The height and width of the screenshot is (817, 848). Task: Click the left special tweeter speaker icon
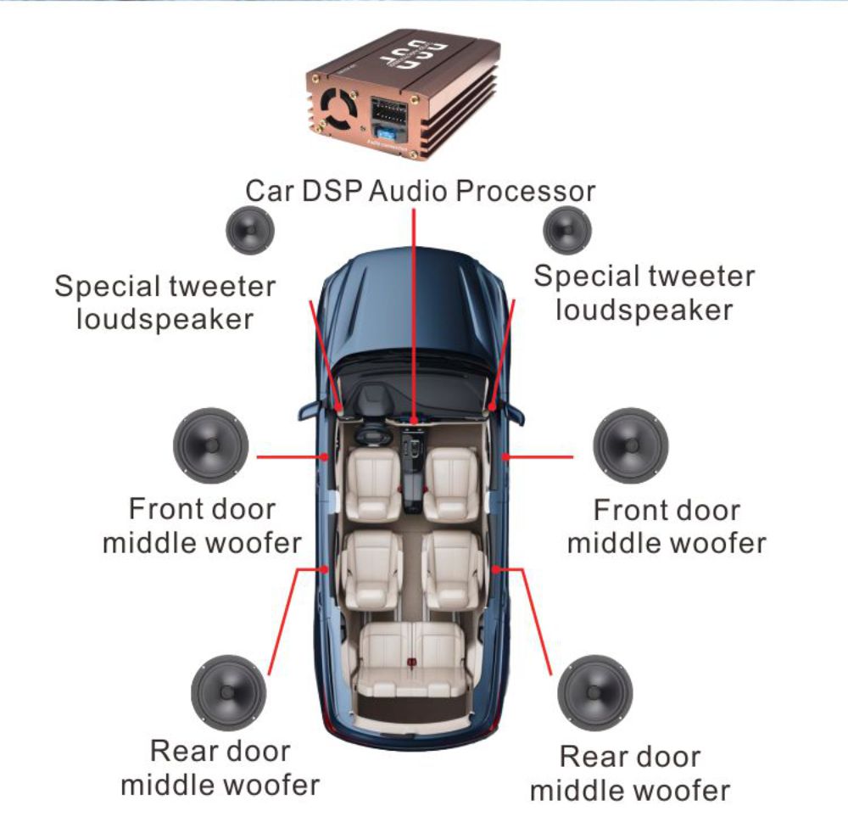[x=250, y=229]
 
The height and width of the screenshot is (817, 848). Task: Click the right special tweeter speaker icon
[x=567, y=229]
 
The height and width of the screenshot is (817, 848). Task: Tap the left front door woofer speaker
[x=210, y=445]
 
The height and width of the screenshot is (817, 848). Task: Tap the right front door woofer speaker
[x=630, y=445]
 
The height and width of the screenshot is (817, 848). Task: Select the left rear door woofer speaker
[x=228, y=691]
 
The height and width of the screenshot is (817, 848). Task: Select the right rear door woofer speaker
[x=597, y=691]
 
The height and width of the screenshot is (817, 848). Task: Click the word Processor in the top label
[x=526, y=191]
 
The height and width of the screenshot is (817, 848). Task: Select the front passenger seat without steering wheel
[x=451, y=484]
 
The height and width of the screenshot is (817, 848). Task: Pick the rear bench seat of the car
[x=412, y=658]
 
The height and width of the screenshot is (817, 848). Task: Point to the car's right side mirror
[x=515, y=411]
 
